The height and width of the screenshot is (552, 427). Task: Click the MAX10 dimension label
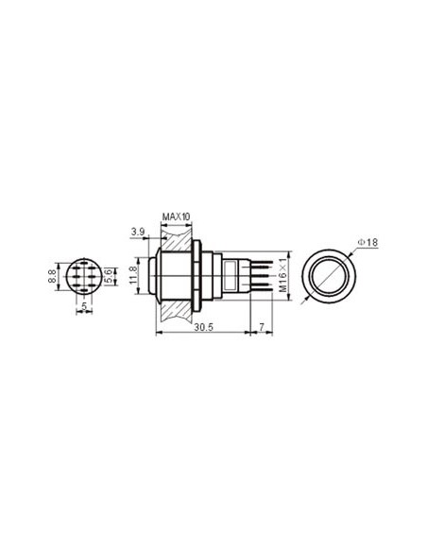(x=177, y=216)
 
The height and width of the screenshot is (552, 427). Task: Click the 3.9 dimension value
(x=138, y=232)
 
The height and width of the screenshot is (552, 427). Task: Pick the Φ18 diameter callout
(x=368, y=245)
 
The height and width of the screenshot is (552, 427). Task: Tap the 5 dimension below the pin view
(x=83, y=308)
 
